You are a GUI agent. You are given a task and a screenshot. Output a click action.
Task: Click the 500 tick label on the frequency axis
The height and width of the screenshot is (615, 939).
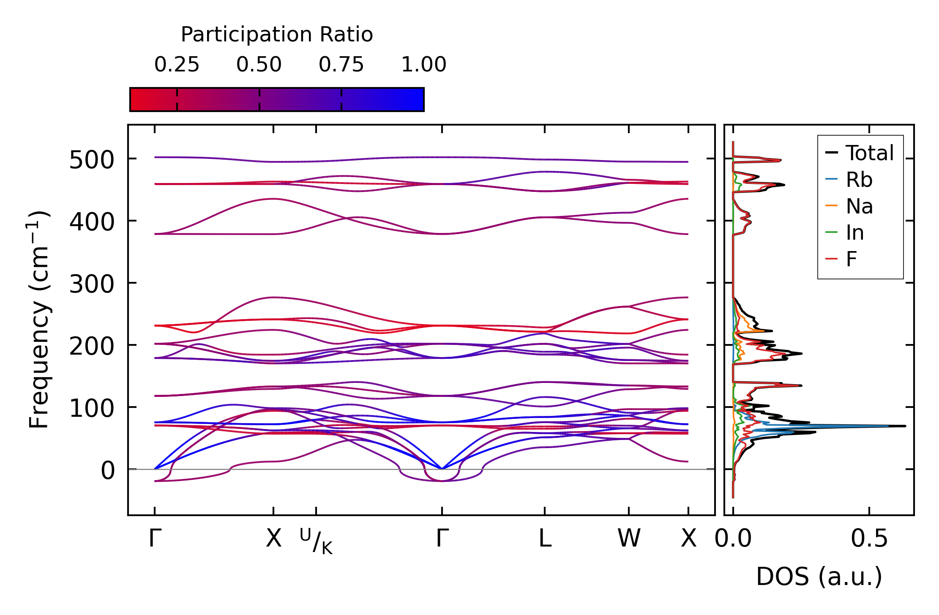pyautogui.click(x=91, y=161)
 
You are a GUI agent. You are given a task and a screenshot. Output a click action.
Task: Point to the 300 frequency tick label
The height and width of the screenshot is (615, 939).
pyautogui.click(x=91, y=284)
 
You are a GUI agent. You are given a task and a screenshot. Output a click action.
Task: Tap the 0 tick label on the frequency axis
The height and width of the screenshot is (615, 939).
pyautogui.click(x=107, y=471)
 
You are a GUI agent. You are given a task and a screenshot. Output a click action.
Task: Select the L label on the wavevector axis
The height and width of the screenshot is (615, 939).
pyautogui.click(x=545, y=539)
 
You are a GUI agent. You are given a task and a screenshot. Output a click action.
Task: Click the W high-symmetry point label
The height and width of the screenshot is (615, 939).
pyautogui.click(x=629, y=539)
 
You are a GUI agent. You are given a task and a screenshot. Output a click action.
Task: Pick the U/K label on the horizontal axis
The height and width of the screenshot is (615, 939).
pyautogui.click(x=316, y=541)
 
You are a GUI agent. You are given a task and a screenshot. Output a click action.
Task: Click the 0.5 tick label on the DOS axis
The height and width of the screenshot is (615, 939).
pyautogui.click(x=869, y=539)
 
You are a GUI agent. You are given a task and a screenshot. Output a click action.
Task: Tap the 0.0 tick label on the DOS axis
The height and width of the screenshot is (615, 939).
pyautogui.click(x=733, y=539)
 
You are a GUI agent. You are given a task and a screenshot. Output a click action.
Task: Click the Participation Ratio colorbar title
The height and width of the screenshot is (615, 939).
pyautogui.click(x=277, y=35)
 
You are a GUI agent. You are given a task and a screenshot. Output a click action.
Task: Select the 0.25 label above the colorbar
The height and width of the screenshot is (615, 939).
pyautogui.click(x=177, y=65)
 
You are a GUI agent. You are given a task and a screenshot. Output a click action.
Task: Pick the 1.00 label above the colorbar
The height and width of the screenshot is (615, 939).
pyautogui.click(x=423, y=65)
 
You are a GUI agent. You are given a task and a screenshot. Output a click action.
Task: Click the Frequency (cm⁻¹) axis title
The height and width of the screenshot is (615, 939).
pyautogui.click(x=39, y=320)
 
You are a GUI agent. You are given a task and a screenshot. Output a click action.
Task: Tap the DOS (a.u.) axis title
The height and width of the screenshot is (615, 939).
pyautogui.click(x=819, y=577)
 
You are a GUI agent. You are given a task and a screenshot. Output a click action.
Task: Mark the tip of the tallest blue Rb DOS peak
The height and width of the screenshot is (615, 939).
pyautogui.click(x=889, y=426)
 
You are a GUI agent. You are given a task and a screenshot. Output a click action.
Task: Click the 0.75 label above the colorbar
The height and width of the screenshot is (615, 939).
pyautogui.click(x=341, y=65)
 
